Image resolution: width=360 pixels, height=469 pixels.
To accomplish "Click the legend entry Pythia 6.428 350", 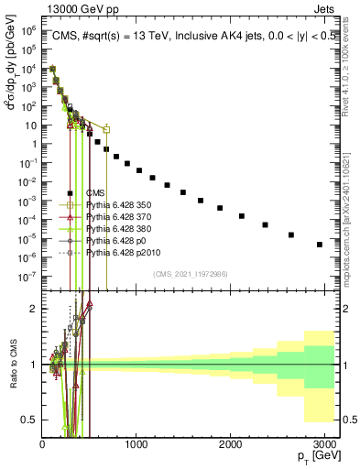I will (x=116, y=204).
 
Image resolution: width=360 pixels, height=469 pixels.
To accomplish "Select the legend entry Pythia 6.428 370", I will (x=116, y=216).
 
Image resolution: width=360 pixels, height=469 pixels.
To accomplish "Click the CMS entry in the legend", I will (x=95, y=192).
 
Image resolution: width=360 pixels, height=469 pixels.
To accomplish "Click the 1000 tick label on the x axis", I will (x=136, y=446).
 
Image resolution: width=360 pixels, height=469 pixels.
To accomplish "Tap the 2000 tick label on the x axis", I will (x=231, y=446).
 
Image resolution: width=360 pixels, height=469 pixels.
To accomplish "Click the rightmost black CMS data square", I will (x=320, y=245).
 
